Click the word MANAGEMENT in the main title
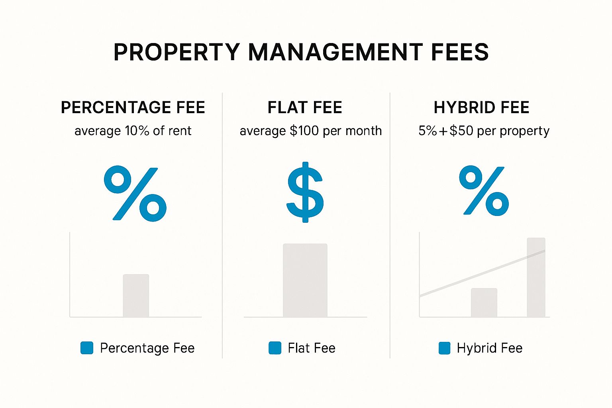[335, 52]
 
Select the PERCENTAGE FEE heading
[133, 108]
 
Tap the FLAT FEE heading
[305, 108]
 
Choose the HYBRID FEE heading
[481, 108]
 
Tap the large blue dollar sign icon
[305, 192]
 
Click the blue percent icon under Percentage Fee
[135, 194]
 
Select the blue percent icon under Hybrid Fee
[484, 191]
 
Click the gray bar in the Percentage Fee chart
[136, 296]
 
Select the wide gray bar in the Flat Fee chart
[305, 280]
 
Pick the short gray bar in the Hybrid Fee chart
[484, 302]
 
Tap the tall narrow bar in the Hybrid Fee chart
[536, 277]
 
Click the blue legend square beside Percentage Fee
[87, 348]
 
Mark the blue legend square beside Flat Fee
[275, 348]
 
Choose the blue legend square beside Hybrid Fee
[444, 348]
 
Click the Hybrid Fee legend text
[489, 348]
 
